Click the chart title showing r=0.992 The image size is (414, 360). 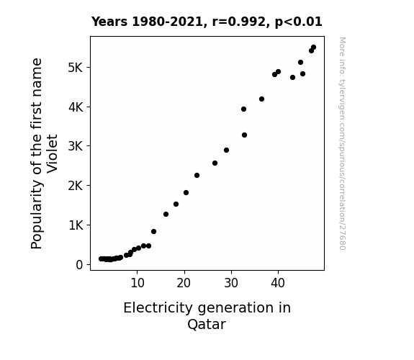tap(207, 22)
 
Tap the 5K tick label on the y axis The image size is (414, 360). tap(76, 68)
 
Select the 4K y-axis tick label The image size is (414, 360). tap(76, 107)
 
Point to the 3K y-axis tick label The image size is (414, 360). tap(76, 146)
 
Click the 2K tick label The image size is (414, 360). tap(76, 186)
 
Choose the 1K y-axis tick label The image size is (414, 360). tap(76, 225)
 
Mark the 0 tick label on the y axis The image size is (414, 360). tap(79, 265)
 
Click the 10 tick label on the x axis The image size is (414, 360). tap(138, 283)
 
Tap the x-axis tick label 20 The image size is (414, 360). tap(184, 283)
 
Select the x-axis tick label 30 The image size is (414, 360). tap(231, 283)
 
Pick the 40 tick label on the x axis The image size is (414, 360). tap(278, 283)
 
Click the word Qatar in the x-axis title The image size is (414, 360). tap(207, 324)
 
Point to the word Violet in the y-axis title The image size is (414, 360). tap(52, 153)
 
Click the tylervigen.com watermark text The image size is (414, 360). tap(342, 143)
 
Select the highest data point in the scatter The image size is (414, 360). tap(313, 48)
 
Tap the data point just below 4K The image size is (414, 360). tap(243, 109)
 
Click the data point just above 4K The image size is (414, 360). tap(261, 99)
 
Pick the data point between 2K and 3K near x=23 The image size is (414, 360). tap(197, 176)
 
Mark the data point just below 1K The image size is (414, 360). tap(153, 231)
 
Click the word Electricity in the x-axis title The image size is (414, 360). tap(158, 308)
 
